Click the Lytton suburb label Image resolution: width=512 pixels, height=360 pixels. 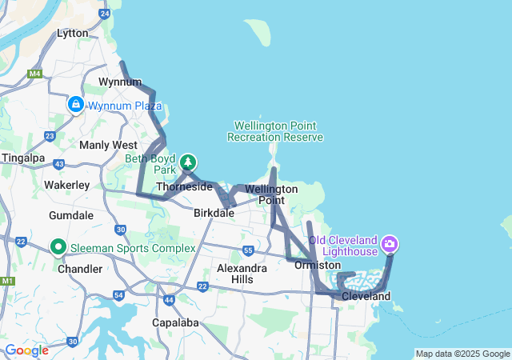(73, 33)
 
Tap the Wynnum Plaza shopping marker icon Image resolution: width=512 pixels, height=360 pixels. (76, 104)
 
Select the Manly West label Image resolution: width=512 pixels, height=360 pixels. (108, 145)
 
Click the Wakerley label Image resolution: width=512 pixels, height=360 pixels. (66, 185)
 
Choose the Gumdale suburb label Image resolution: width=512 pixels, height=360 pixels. (71, 216)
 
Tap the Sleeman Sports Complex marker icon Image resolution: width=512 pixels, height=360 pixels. (58, 248)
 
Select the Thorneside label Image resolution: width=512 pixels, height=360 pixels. (184, 187)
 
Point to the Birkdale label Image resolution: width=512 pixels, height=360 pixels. (214, 214)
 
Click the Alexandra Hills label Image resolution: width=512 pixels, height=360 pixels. (242, 274)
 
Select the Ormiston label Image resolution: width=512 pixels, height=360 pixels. (318, 265)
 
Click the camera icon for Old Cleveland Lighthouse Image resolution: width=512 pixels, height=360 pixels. (390, 243)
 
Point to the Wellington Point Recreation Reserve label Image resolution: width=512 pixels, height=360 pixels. (275, 132)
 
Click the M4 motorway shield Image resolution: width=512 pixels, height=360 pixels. (34, 74)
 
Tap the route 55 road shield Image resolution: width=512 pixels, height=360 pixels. (249, 250)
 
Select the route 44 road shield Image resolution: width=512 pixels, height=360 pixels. (169, 300)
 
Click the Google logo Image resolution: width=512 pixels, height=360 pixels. (26, 350)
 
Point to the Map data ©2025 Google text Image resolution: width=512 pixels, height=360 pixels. (462, 354)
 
